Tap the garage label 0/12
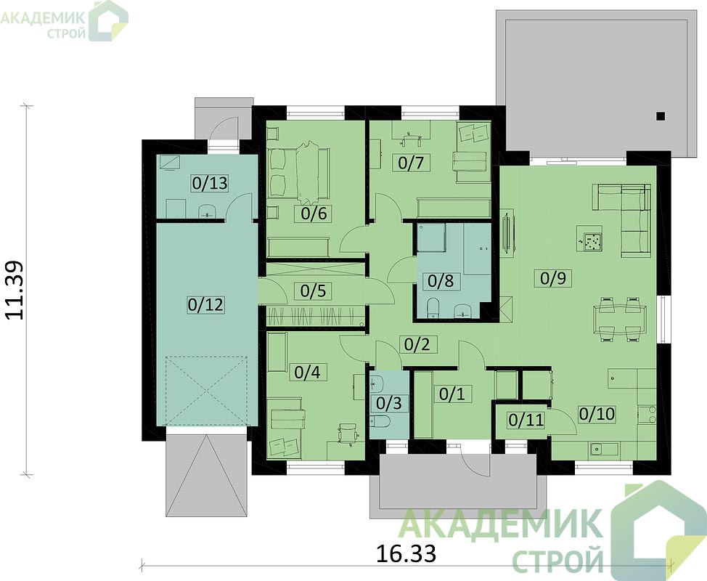pos(205,305)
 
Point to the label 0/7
pos(412,163)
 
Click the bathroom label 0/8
pos(441,280)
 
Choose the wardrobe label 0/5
pos(313,291)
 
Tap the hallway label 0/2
pos(417,345)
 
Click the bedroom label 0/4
pos(307,373)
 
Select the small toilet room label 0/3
pos(388,403)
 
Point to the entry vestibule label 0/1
pos(451,394)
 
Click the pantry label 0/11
pos(526,420)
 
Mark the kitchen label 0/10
pos(597,414)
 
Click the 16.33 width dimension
pos(406,553)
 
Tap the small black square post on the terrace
pos(661,116)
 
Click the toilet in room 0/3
pos(382,422)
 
